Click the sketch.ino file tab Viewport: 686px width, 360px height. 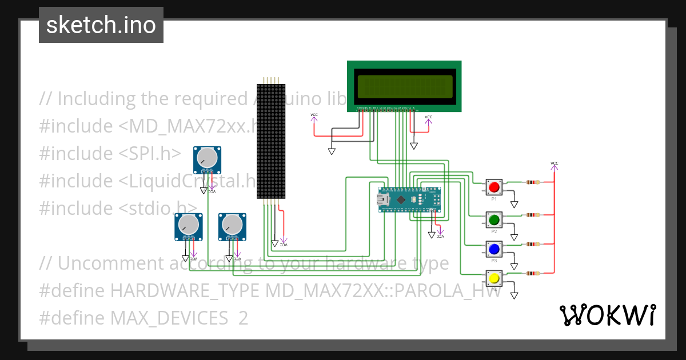point(101,25)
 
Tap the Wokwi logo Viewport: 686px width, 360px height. point(607,315)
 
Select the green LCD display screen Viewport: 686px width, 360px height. point(404,85)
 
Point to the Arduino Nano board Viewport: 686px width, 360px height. point(410,199)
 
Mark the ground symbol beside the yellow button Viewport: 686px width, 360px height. point(514,295)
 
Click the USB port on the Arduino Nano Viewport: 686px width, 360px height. point(382,199)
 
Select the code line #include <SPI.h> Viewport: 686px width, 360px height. point(110,153)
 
